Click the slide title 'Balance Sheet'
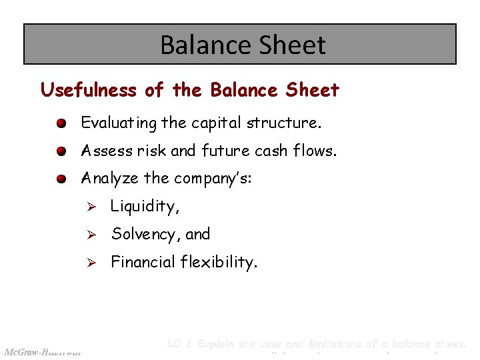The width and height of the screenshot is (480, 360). (x=243, y=45)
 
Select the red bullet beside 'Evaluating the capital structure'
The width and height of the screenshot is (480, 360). (x=61, y=124)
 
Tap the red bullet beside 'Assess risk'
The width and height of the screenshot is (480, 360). (x=61, y=152)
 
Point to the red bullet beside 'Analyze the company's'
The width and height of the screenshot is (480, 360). (x=61, y=179)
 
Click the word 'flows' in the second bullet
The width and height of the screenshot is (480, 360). (x=318, y=151)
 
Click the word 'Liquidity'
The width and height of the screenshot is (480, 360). (x=143, y=207)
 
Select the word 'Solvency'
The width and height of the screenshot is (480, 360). (x=142, y=235)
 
